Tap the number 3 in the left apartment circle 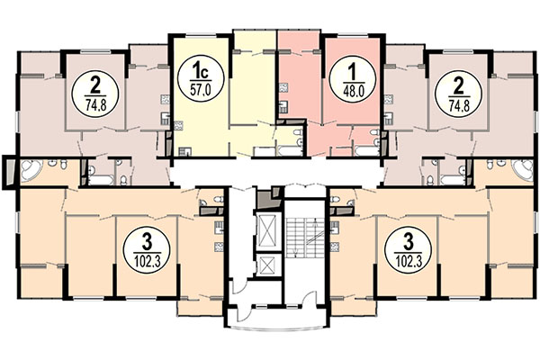(146, 238)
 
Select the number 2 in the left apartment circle (93, 86)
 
